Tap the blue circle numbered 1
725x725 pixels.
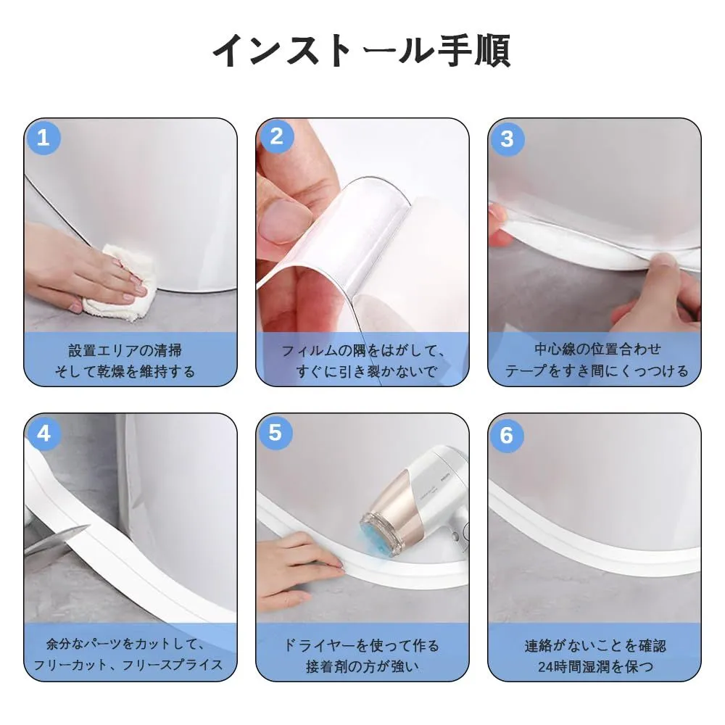point(43,137)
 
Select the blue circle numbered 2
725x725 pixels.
point(276,137)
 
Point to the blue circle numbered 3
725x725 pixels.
point(507,138)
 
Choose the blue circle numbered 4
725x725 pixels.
point(44,434)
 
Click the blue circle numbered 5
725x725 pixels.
point(275,433)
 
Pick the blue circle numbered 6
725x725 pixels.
point(507,435)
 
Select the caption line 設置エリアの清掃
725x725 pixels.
point(125,350)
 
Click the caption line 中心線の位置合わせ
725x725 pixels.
point(597,349)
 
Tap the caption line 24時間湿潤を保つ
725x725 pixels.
point(595,666)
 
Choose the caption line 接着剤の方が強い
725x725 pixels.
point(362,666)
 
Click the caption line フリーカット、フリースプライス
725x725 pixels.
point(128,665)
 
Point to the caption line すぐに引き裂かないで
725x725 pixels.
point(366,371)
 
